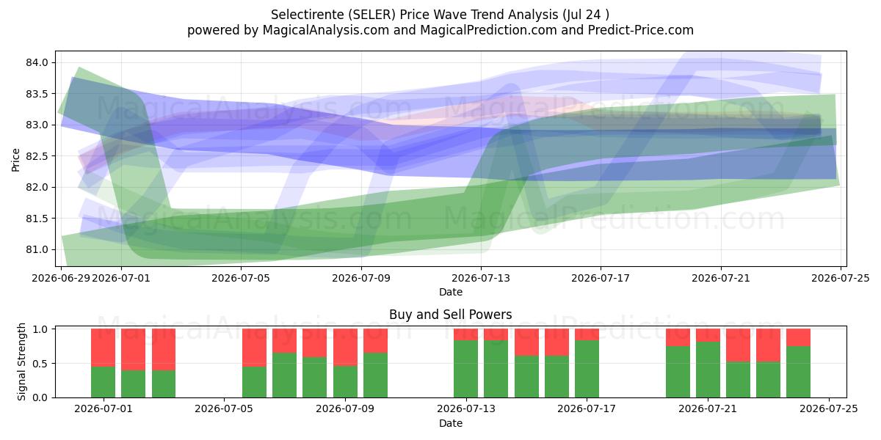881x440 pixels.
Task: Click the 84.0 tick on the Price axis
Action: pos(37,63)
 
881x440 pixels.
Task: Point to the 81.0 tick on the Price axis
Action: pos(37,249)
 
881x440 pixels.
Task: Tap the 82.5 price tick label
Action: pos(37,156)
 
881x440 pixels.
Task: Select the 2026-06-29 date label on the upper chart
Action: pos(61,278)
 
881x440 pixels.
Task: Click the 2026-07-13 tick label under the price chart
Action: pos(481,278)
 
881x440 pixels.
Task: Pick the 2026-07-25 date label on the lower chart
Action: pos(829,409)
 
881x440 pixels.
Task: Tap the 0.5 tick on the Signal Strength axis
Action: pos(40,364)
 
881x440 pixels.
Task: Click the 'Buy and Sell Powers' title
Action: pos(451,315)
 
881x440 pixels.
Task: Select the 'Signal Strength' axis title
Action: pos(21,362)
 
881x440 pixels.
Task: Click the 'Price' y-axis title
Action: pos(15,160)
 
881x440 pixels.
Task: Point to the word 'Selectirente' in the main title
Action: pos(308,15)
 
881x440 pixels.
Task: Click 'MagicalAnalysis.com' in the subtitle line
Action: pos(326,30)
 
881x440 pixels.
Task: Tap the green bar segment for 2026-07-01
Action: pos(103,382)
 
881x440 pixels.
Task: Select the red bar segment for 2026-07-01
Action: pos(103,348)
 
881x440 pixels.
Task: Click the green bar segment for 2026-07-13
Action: pos(465,369)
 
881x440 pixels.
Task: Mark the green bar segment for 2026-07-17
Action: pos(587,369)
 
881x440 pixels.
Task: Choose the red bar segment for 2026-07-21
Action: pos(708,335)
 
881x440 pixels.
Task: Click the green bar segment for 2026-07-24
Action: pos(799,372)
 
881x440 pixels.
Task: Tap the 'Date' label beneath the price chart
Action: pos(451,292)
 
